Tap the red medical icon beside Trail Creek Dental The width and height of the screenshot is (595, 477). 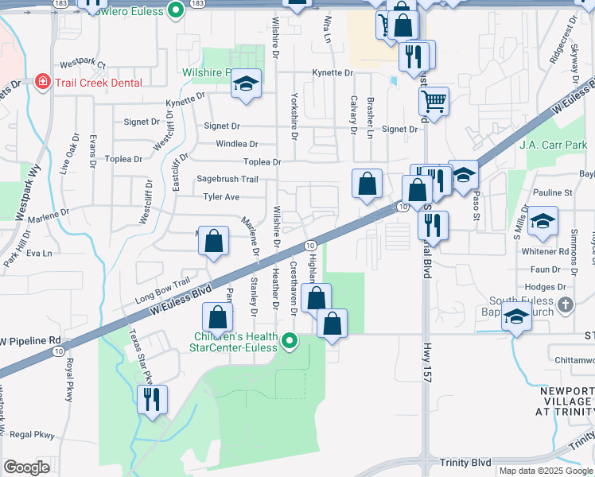[x=41, y=82]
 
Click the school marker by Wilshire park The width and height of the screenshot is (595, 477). [x=247, y=84]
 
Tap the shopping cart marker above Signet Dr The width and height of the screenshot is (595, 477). [x=434, y=101]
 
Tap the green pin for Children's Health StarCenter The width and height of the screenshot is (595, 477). [x=290, y=342]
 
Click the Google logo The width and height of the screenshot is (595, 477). [x=27, y=467]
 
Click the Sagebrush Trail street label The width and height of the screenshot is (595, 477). [x=227, y=180]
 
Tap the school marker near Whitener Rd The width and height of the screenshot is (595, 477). [x=542, y=221]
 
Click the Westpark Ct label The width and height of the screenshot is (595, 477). [x=82, y=61]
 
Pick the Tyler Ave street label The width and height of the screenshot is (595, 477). [x=221, y=196]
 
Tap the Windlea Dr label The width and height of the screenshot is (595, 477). [x=237, y=144]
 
